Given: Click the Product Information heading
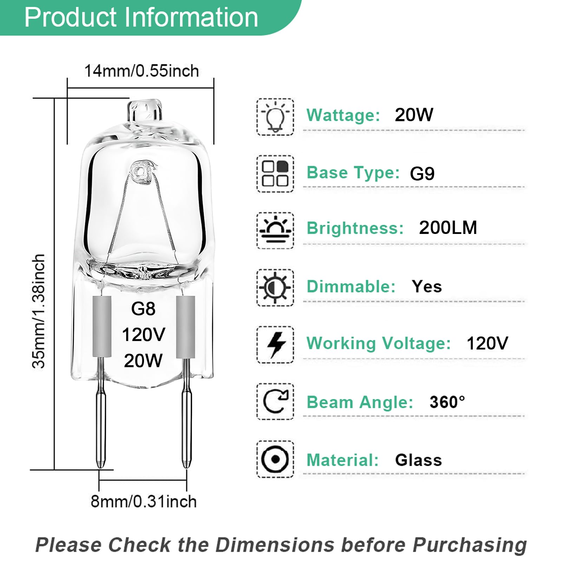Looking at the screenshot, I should click(141, 17).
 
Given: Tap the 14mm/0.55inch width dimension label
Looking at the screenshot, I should click(141, 71).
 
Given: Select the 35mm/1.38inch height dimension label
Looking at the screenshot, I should click(39, 311).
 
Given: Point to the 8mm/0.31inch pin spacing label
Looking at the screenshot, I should click(143, 501).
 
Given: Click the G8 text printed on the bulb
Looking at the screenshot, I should click(143, 309).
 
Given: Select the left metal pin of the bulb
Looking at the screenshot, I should click(100, 421).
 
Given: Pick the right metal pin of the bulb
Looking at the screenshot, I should click(186, 421).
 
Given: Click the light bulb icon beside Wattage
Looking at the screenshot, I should click(275, 117).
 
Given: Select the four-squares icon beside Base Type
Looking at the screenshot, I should click(275, 174).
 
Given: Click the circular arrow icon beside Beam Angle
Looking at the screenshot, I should click(275, 401).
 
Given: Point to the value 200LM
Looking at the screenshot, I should click(448, 228).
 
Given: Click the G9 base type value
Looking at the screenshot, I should click(422, 174).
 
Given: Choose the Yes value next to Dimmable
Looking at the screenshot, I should click(427, 287).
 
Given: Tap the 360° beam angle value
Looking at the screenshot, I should click(447, 402).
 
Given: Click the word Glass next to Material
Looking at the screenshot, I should click(418, 460).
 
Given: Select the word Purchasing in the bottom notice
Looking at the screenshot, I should click(469, 545).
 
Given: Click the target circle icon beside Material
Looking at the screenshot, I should click(275, 459).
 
